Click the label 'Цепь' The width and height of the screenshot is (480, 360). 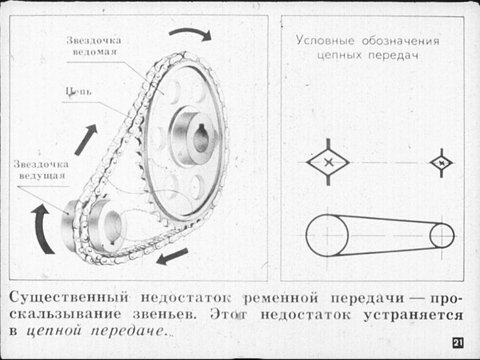[79, 91]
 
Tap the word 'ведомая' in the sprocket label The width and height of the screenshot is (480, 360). [95, 51]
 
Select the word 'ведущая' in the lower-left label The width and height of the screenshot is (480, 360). [42, 176]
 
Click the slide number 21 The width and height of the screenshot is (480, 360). [458, 343]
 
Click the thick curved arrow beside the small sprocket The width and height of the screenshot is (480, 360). [40, 228]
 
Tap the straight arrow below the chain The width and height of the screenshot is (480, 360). [172, 257]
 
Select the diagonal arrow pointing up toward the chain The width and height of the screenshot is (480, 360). [86, 140]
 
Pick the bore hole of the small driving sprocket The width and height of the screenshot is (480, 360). [112, 226]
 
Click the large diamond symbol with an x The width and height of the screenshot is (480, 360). [328, 162]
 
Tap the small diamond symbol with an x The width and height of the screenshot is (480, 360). [441, 163]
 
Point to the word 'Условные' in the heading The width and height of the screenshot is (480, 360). [325, 41]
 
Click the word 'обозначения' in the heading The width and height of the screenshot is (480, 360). [400, 41]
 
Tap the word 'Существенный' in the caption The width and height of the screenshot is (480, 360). [69, 297]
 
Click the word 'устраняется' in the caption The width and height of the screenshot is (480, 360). [414, 315]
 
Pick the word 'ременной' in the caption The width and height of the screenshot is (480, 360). [281, 298]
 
